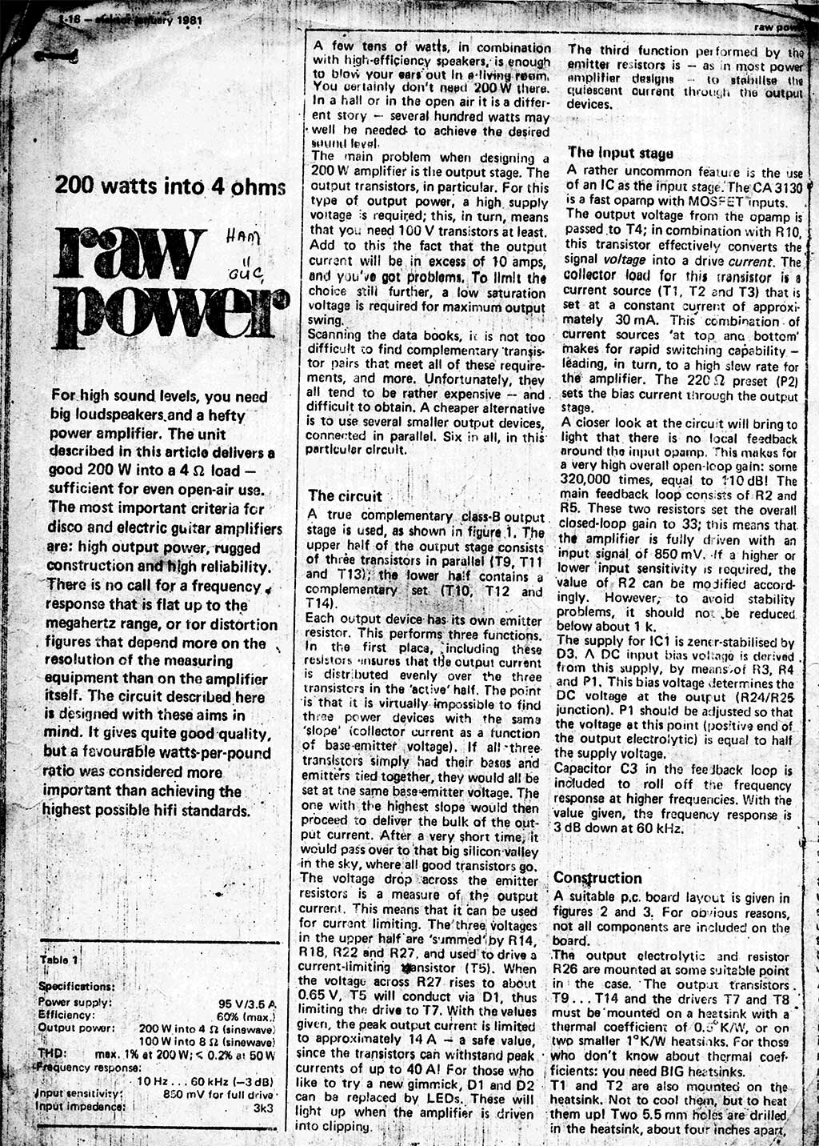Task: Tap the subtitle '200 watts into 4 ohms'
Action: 170,187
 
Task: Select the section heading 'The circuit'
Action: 345,496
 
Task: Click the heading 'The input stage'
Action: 621,153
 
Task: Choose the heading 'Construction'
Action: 597,878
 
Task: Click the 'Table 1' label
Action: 59,960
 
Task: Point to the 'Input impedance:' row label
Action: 81,1107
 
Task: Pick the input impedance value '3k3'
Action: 264,1108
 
